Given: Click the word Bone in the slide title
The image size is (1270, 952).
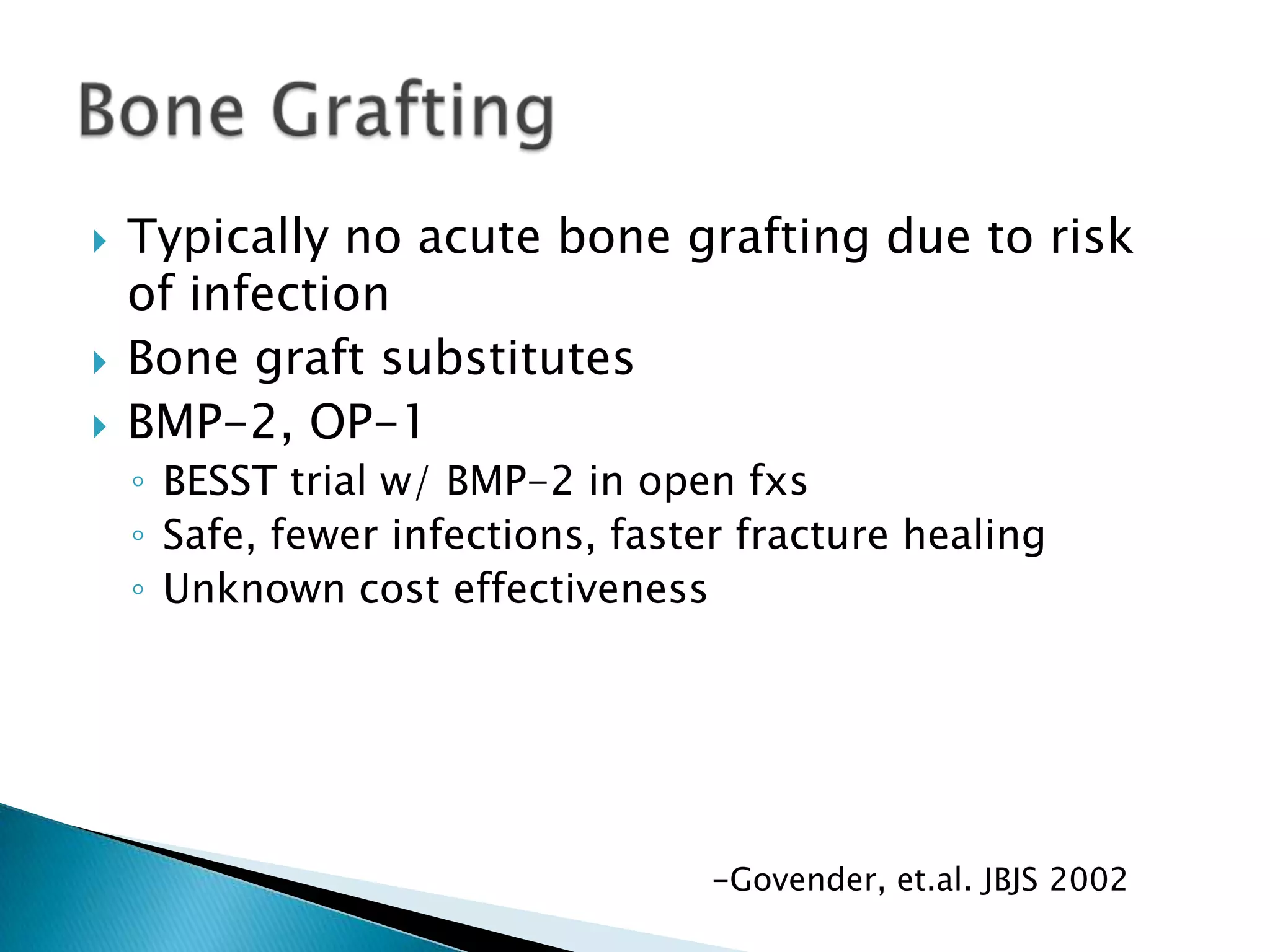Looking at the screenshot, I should pos(162,112).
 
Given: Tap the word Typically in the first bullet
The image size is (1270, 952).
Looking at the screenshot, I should pos(228,237).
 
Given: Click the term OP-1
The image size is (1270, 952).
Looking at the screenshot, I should pos(366,423).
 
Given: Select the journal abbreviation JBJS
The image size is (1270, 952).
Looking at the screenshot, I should pos(1008,879).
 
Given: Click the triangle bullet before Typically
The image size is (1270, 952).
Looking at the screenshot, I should pos(99,241).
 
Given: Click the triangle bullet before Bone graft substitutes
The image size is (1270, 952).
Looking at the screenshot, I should pos(99,363).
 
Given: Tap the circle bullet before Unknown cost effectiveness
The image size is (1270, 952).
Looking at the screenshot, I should pos(138,589).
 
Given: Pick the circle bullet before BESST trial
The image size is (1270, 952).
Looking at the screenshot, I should pos(138,482).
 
